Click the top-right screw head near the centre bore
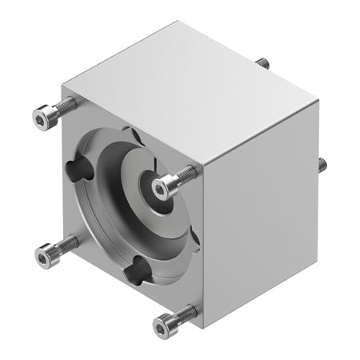pos(163,188)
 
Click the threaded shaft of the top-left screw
pos(66,105)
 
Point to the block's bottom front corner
pos(202,328)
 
